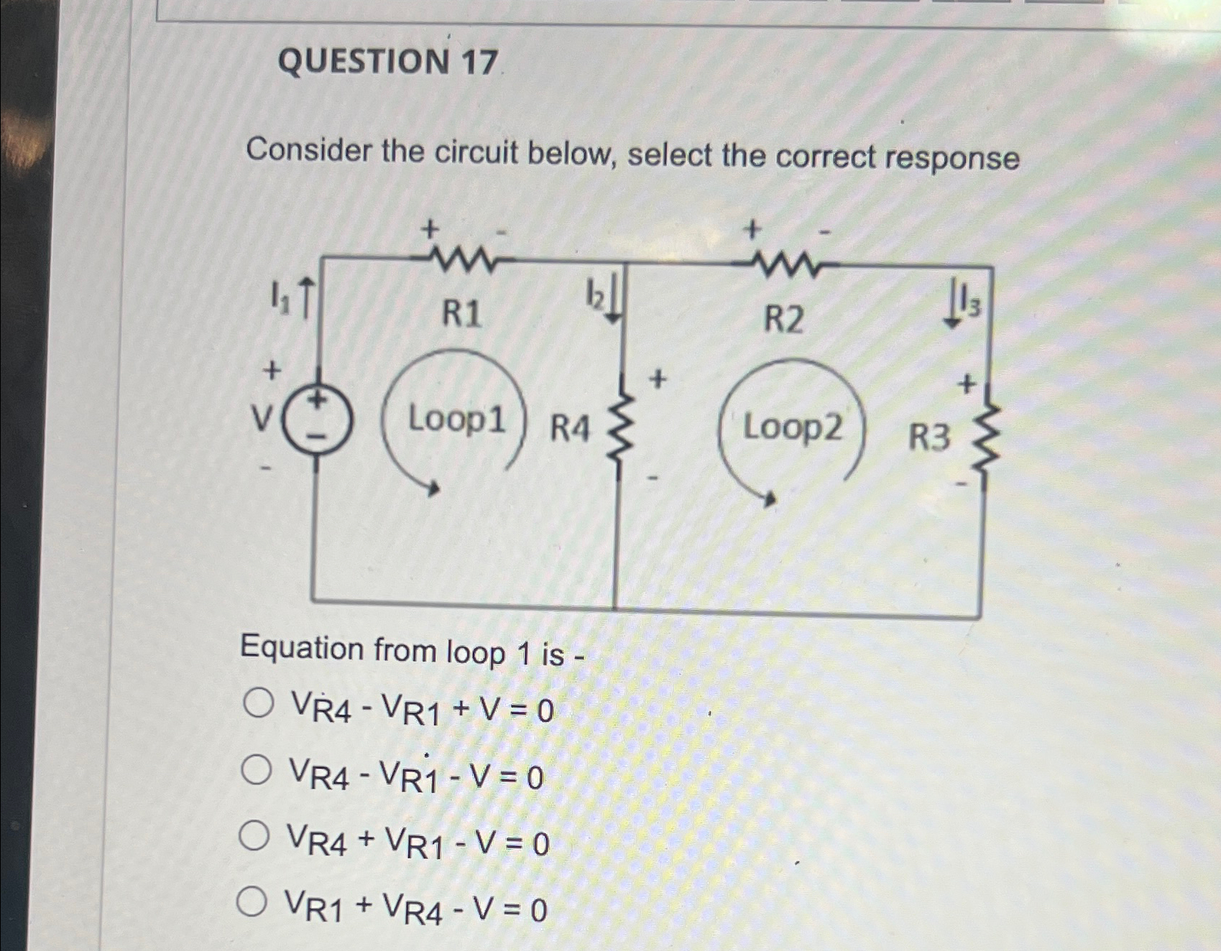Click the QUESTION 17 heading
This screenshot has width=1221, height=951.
[x=387, y=61]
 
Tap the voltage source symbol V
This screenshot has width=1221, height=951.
[x=317, y=422]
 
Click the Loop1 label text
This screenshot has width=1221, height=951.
[x=456, y=419]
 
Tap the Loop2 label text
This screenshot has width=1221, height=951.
[x=792, y=427]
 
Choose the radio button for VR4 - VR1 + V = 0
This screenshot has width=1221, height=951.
[x=258, y=703]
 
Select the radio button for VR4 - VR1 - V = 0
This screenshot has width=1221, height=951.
[x=257, y=770]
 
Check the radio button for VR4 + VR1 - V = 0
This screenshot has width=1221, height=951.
[x=254, y=835]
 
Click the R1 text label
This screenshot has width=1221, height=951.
[x=461, y=314]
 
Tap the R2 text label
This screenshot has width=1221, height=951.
[x=783, y=319]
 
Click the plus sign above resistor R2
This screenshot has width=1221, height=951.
[x=752, y=230]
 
